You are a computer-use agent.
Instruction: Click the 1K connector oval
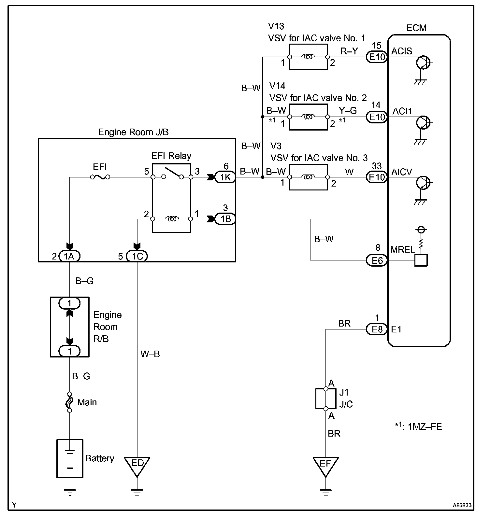click(225, 177)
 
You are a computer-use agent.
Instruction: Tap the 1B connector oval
click(225, 219)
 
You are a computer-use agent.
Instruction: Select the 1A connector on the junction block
click(69, 257)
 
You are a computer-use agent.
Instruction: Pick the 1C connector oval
click(137, 257)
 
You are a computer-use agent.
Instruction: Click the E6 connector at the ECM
click(377, 260)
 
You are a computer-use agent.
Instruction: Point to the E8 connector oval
click(377, 329)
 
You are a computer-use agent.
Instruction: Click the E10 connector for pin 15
click(377, 57)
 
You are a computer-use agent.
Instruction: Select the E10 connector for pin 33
click(377, 177)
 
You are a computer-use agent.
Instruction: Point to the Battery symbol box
click(70, 458)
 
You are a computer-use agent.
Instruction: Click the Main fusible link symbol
click(69, 402)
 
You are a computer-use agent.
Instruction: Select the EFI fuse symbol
click(100, 177)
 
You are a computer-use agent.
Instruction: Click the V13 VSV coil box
click(308, 57)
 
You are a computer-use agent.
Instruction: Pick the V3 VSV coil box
click(308, 177)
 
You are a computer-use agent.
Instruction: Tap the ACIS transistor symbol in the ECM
click(423, 63)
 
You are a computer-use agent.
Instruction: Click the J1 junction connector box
click(325, 399)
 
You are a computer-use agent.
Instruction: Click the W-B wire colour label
click(150, 354)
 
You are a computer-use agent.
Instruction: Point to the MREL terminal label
click(403, 250)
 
